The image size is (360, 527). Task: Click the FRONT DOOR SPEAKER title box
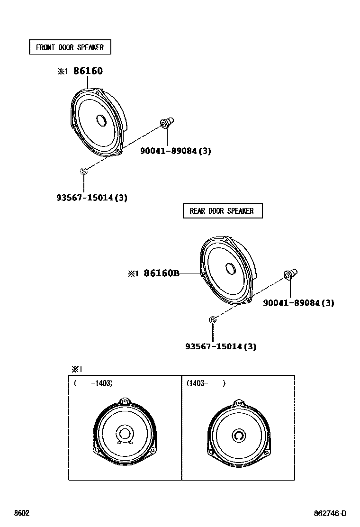click(70, 47)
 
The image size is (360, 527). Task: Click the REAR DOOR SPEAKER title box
click(222, 211)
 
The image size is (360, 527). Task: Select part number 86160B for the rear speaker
click(162, 273)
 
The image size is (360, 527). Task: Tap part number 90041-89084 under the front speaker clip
click(175, 151)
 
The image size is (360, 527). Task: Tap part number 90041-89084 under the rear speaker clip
click(298, 303)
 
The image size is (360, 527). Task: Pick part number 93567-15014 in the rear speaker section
click(221, 346)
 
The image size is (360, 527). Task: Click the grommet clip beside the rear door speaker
click(290, 275)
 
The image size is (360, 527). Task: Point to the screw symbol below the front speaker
click(84, 171)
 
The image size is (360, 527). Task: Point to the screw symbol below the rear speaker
click(213, 320)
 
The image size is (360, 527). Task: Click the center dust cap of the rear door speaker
click(231, 269)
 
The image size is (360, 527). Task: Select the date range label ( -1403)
click(93, 383)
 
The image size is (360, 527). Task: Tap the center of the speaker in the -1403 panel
click(125, 434)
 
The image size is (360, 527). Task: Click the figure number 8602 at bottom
click(22, 513)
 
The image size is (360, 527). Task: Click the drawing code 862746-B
click(331, 513)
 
